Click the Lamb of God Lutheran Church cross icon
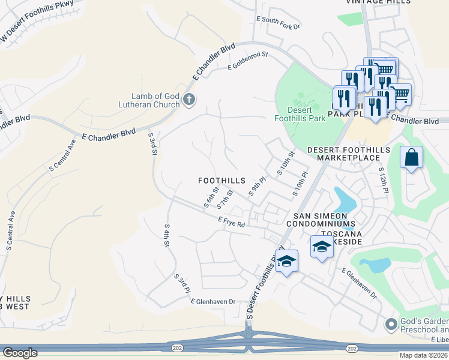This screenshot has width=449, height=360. click(x=189, y=99)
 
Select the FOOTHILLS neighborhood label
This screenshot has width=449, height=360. click(x=222, y=180)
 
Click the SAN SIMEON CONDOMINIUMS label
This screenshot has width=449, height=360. click(x=325, y=219)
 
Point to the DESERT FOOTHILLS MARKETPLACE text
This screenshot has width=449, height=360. click(x=348, y=154)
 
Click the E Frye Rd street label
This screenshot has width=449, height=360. click(x=232, y=222)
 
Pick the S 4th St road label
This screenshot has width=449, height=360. click(x=167, y=236)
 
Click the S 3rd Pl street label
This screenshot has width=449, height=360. click(x=182, y=284)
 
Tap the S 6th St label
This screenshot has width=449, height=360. click(x=211, y=197)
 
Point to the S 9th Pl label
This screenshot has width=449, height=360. click(x=257, y=186)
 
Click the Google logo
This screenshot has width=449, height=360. click(x=20, y=353)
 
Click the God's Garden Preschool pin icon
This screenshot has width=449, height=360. click(x=391, y=325)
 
